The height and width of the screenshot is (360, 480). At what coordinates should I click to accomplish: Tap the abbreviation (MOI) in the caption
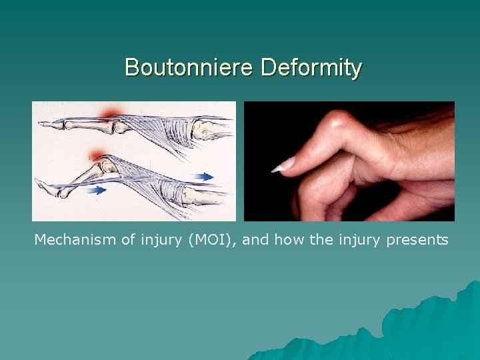coord(211,239)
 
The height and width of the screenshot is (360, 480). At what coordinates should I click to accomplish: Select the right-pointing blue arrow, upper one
coord(205,177)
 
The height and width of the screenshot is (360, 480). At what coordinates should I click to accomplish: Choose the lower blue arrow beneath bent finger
coord(97,190)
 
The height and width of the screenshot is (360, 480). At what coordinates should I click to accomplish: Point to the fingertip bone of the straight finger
coord(51,123)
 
